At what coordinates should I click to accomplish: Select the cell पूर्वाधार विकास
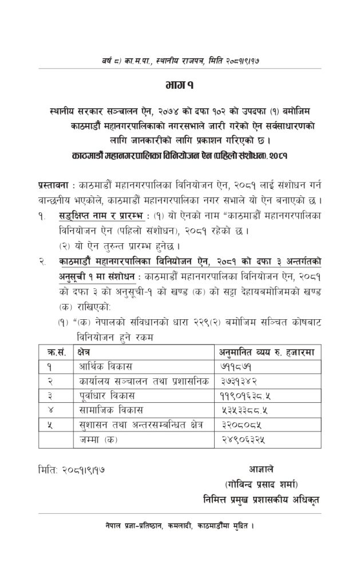pyautogui.click(x=105, y=395)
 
